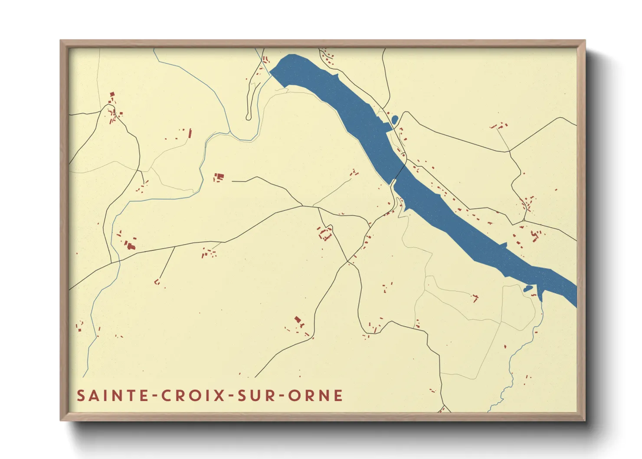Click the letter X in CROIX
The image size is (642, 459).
pos(220,396)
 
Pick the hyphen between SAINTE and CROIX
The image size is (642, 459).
pos(156,396)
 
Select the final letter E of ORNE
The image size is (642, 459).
pos(338,396)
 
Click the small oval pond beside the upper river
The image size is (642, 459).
pos(394,119)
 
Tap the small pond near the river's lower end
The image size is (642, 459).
pos(527,289)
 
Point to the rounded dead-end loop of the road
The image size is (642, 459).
pos(249,117)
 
